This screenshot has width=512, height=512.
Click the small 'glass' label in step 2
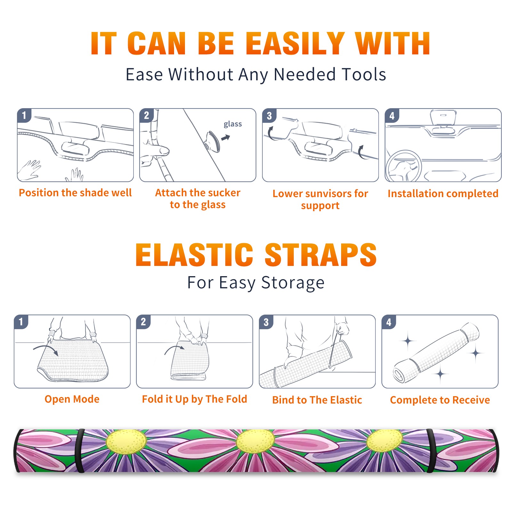pyautogui.click(x=233, y=124)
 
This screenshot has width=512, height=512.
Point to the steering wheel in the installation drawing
pyautogui.click(x=404, y=166)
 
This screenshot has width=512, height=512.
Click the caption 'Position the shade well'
pyautogui.click(x=75, y=193)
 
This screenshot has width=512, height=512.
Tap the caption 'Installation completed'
pyautogui.click(x=443, y=193)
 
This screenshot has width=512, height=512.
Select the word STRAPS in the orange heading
pyautogui.click(x=321, y=255)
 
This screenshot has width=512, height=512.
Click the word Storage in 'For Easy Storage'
pyautogui.click(x=293, y=283)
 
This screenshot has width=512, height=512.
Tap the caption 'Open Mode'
pyautogui.click(x=72, y=399)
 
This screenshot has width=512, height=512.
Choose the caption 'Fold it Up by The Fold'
pyautogui.click(x=195, y=399)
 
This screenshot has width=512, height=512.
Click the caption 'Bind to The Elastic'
pyautogui.click(x=317, y=400)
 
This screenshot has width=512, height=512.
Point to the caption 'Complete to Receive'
pyautogui.click(x=440, y=400)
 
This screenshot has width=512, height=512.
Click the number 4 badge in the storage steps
pyautogui.click(x=389, y=322)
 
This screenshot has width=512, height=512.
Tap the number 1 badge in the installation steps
pyautogui.click(x=24, y=115)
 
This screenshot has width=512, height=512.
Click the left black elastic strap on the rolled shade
pyautogui.click(x=79, y=451)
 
